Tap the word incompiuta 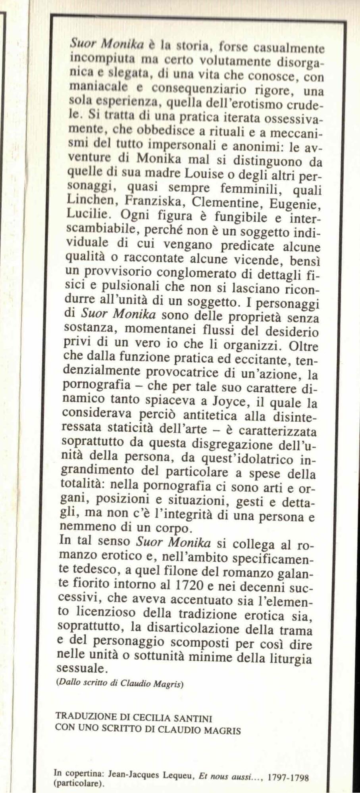coord(94,58)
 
